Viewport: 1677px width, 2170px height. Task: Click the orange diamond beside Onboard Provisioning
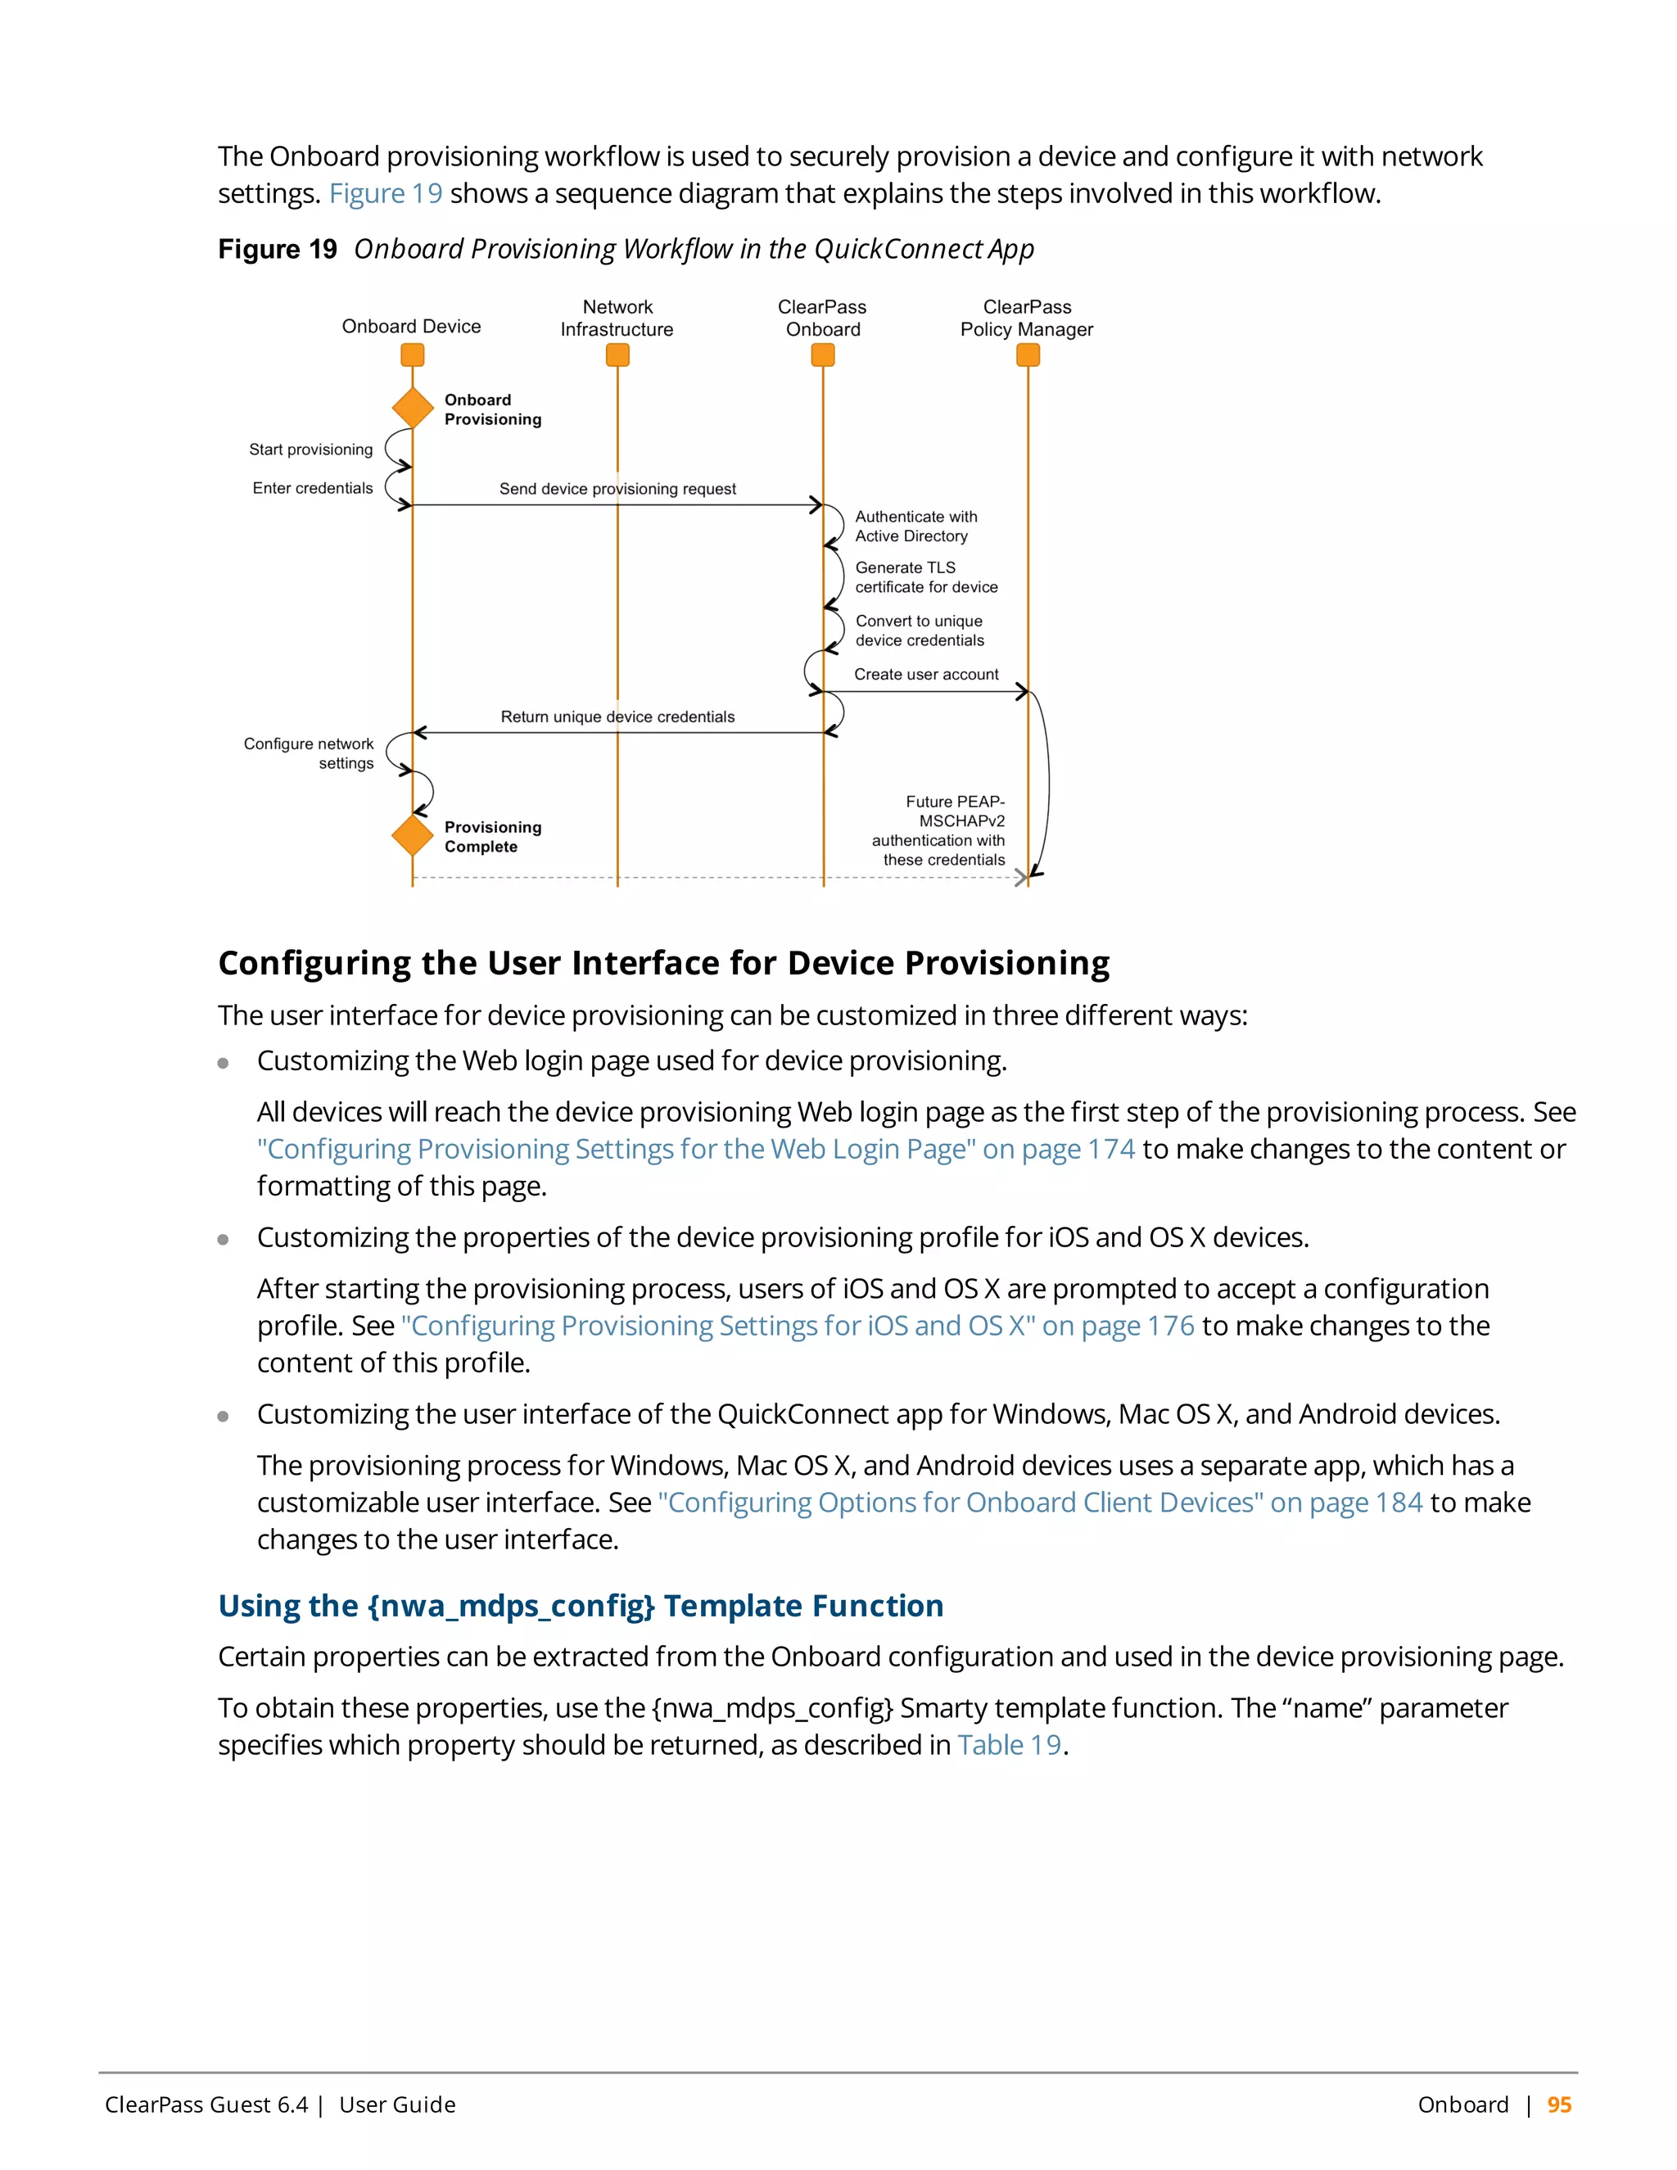413,407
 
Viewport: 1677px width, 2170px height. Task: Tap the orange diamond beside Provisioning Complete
413,834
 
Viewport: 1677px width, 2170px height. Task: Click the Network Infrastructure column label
617,318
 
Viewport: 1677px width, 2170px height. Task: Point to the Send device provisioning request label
617,489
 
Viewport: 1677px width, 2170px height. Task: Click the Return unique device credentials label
617,717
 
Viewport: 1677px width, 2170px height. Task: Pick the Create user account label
926,674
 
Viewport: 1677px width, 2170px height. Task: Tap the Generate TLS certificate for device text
926,577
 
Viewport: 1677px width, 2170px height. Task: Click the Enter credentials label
312,488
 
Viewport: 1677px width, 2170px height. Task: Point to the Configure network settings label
309,753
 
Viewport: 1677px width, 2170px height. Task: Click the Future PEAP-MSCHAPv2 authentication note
940,830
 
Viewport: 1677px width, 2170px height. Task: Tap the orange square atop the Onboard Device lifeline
413,355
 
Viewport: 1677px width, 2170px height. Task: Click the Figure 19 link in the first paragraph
386,194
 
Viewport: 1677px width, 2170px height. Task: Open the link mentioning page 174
695,1150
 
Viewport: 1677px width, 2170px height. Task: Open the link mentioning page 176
798,1327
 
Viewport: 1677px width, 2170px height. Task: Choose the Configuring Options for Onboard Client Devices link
1039,1503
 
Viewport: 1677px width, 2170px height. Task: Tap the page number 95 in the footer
1559,2104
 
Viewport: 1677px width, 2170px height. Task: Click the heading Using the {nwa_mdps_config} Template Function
581,1606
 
